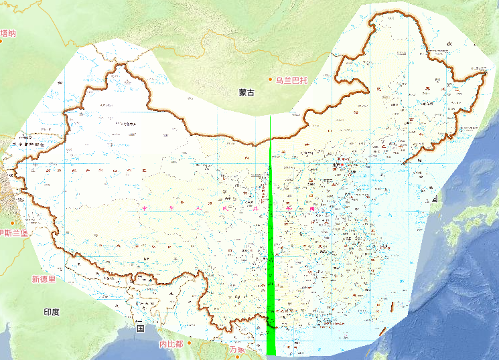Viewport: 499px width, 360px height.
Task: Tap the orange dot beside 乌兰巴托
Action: [x=271, y=80]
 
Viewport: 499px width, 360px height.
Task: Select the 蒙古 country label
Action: [x=246, y=92]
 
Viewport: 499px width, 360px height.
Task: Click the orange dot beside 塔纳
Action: [x=1, y=41]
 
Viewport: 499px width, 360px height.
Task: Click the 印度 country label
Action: [x=52, y=312]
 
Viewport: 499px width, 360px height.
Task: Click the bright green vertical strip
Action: [x=271, y=268]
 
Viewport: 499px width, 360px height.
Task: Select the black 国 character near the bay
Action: [x=141, y=329]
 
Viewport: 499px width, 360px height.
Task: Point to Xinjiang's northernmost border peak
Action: [x=121, y=65]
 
